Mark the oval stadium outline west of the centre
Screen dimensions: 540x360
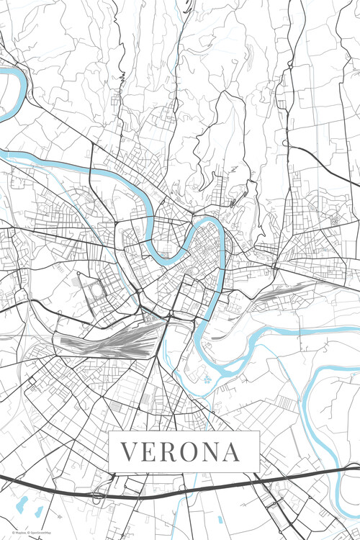point(96,292)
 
